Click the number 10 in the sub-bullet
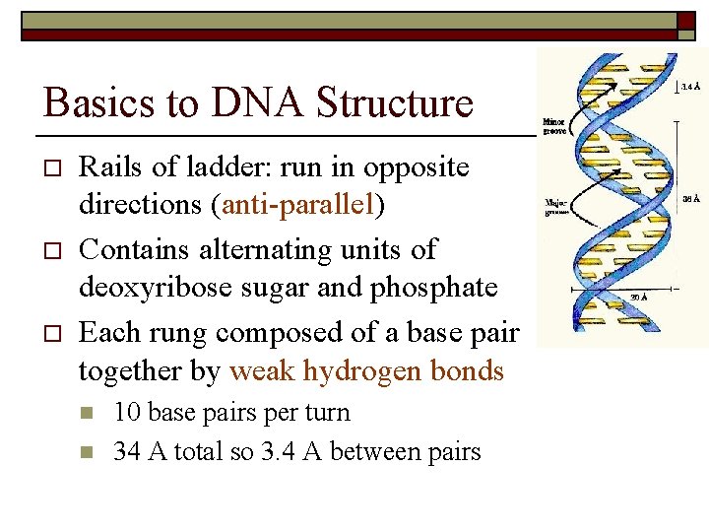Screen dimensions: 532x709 pos(127,412)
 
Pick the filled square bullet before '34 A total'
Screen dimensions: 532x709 pos(86,453)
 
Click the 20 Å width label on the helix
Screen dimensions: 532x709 pos(638,297)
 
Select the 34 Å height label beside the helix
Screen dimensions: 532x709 pos(691,198)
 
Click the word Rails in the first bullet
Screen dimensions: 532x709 pos(109,167)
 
